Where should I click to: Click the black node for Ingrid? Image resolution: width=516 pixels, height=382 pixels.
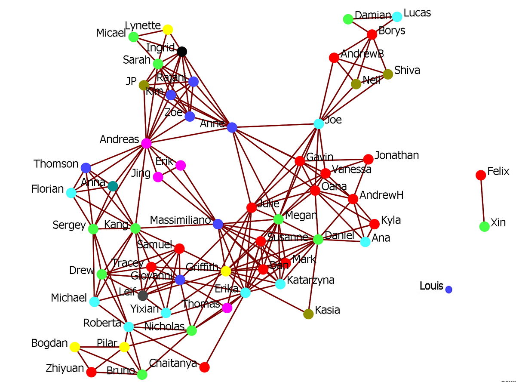pos(182,52)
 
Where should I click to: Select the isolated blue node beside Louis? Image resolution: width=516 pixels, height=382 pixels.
pos(448,290)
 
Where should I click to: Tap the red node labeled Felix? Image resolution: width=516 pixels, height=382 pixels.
pos(481,175)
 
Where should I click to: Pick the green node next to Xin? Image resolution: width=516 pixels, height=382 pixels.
pos(484,226)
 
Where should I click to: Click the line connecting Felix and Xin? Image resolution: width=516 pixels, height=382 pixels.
pos(482,200)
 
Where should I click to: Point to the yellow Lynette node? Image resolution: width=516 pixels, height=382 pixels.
pos(168,30)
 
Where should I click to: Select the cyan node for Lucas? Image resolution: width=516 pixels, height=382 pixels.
pos(397,17)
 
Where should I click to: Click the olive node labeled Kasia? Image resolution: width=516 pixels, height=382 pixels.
pos(308,314)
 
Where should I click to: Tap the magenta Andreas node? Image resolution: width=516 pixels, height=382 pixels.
pos(146,143)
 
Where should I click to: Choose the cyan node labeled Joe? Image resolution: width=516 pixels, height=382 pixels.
pos(319,123)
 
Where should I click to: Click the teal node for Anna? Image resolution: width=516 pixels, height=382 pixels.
pos(113,186)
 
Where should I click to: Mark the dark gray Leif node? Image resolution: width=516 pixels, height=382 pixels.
pos(143,296)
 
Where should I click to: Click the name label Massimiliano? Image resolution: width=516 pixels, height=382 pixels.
pos(181,220)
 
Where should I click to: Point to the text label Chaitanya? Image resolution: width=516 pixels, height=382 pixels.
pos(173,364)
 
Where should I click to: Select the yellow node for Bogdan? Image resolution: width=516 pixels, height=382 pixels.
pos(75,347)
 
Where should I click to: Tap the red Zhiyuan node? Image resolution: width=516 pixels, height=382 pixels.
pos(91,372)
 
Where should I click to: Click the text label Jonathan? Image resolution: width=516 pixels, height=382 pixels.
pos(396,155)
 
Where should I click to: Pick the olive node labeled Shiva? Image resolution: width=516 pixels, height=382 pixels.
pos(388,74)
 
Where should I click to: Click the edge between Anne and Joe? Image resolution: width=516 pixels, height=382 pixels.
pos(275,126)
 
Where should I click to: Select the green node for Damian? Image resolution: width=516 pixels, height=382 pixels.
pos(348,19)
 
